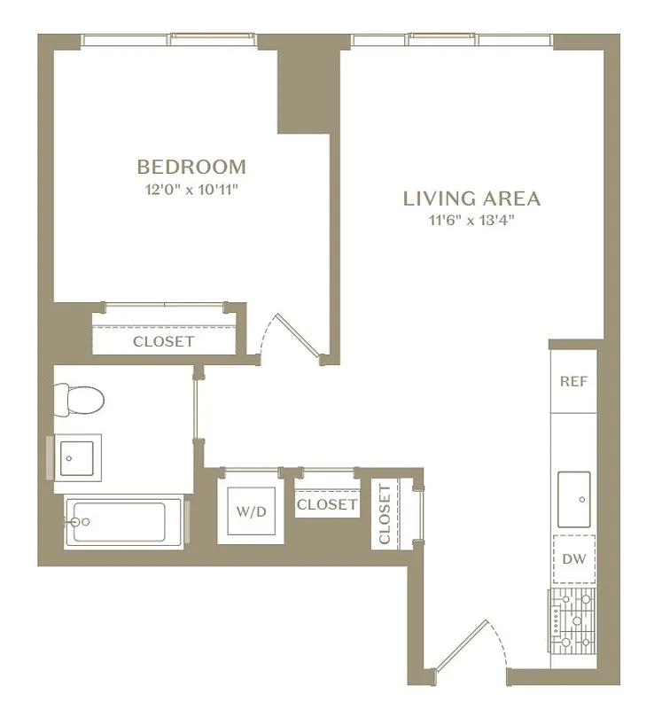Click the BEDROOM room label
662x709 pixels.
[x=191, y=167]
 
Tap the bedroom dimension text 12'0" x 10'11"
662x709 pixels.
[x=191, y=189]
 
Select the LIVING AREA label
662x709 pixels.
[x=471, y=199]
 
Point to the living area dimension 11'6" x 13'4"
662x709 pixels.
[x=471, y=221]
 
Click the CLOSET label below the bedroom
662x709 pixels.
[x=163, y=341]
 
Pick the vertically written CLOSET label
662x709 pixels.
[x=385, y=514]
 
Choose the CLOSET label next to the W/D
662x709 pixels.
[x=327, y=504]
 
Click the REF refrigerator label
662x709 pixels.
[x=573, y=382]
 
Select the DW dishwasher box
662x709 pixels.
[x=573, y=558]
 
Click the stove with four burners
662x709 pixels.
[x=572, y=618]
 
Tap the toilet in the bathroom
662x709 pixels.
[x=78, y=400]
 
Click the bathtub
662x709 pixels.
[x=124, y=523]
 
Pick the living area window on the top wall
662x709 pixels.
[x=452, y=41]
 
